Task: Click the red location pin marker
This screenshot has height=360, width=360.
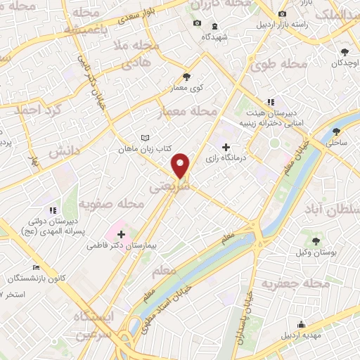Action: [181, 166]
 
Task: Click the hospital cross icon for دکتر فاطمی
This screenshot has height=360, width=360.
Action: [122, 233]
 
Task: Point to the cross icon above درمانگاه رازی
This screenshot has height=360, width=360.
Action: [225, 147]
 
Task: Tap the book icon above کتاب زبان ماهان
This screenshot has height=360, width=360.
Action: [145, 139]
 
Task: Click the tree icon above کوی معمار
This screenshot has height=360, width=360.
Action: [186, 77]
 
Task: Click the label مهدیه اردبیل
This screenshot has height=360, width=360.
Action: [300, 335]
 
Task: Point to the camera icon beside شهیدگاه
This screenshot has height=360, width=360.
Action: [197, 23]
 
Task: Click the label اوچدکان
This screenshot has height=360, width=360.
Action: [343, 63]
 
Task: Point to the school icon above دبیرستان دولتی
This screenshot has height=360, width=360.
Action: [51, 210]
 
